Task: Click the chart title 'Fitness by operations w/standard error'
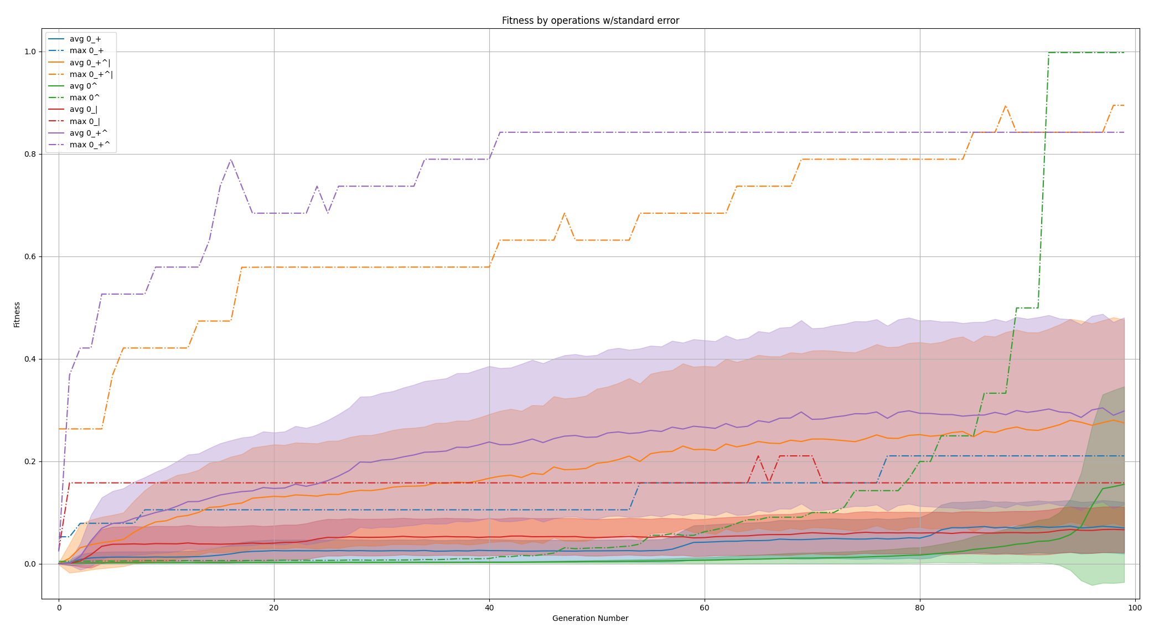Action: [x=590, y=20]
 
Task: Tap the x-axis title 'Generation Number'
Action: [x=590, y=618]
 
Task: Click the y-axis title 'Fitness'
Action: [x=17, y=314]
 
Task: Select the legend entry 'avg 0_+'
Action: [x=85, y=39]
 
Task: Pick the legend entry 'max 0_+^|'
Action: [x=91, y=74]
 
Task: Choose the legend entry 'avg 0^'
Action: [x=83, y=86]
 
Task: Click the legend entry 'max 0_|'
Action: [x=84, y=121]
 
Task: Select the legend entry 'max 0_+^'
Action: [x=89, y=145]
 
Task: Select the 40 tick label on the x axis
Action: [x=489, y=608]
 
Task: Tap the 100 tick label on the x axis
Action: [x=1135, y=608]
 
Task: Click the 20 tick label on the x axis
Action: [x=274, y=608]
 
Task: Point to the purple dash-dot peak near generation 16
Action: [x=231, y=160]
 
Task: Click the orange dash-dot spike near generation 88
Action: [x=1005, y=106]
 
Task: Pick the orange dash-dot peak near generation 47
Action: [x=564, y=213]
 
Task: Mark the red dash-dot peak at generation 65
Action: [x=758, y=456]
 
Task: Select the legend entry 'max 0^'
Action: [x=84, y=97]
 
